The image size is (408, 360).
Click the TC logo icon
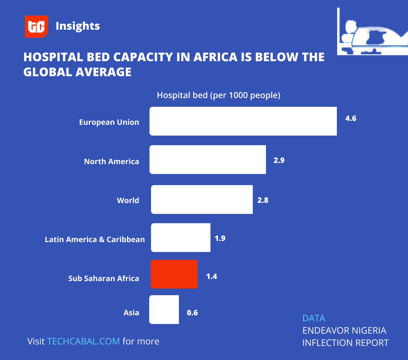pos(36,26)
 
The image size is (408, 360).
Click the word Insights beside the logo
pos(77,26)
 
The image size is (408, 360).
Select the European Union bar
pos(243,121)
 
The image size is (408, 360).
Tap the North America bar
pos(208,160)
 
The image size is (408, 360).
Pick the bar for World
pos(202,199)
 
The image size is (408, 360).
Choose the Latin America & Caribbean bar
pos(181,238)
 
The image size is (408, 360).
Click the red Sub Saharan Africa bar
pos(174,274)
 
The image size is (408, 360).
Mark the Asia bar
pos(164,310)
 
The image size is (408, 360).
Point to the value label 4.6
pos(351,118)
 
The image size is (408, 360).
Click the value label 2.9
pos(279,160)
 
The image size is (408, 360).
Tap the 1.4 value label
pos(212,277)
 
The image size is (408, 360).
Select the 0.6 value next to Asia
pos(192,313)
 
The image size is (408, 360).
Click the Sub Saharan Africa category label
pos(104,278)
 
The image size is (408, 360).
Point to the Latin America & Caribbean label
pos(95,239)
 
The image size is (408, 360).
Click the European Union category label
pos(109,122)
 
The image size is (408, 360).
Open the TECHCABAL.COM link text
pos(83,341)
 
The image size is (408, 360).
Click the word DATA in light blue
pos(314,318)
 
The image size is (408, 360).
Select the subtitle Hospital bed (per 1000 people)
pos(219,95)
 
